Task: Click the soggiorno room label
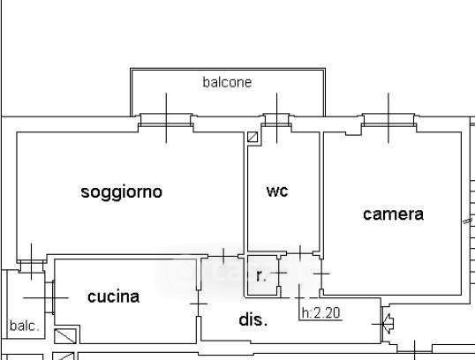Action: point(122,192)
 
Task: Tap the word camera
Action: point(393,214)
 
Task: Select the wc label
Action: point(277,191)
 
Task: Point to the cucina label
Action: point(113,296)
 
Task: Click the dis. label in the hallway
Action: point(253,319)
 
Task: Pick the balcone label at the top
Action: point(227,82)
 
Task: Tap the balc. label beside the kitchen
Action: point(25,326)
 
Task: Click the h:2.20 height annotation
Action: point(321,312)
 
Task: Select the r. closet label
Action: point(260,276)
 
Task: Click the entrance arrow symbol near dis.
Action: point(388,324)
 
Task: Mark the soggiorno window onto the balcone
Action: point(166,120)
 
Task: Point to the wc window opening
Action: point(276,120)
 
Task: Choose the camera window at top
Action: point(388,120)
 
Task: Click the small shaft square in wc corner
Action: point(253,137)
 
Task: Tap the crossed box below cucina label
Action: point(65,336)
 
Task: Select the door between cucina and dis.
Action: point(199,304)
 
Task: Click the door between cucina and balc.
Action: point(50,298)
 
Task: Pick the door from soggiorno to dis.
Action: point(223,257)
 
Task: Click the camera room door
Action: point(321,274)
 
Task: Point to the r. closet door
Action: point(279,273)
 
